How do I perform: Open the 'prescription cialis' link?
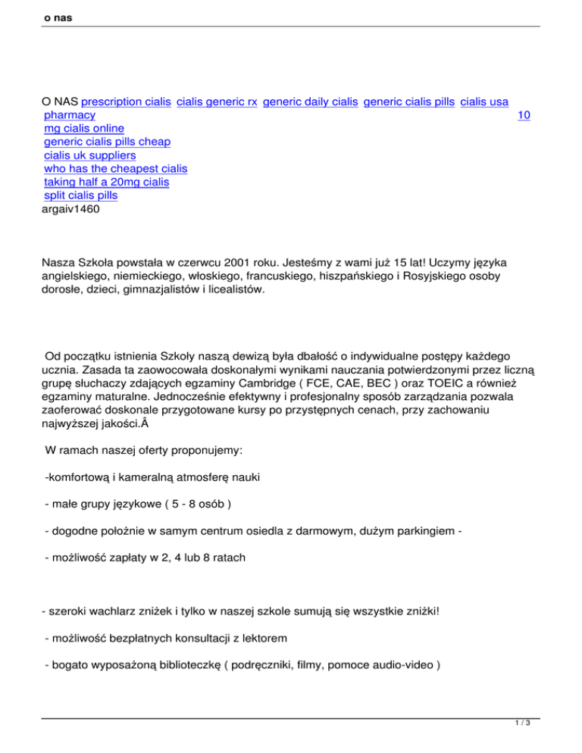pos(125,101)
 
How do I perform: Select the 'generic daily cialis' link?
pos(310,101)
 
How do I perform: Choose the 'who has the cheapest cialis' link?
pos(115,168)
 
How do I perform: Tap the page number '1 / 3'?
pos(528,742)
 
